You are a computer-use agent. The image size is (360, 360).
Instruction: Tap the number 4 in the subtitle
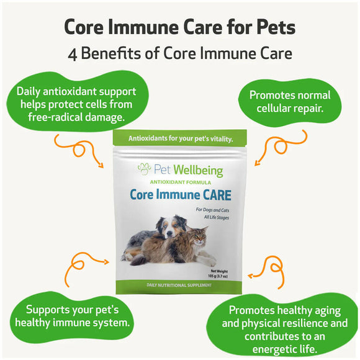[73, 54]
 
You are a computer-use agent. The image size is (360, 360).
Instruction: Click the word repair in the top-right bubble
[310, 109]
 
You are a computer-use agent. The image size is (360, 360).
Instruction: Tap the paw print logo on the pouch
[144, 169]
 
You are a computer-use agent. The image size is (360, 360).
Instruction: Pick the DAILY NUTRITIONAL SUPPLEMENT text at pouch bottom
[179, 285]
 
